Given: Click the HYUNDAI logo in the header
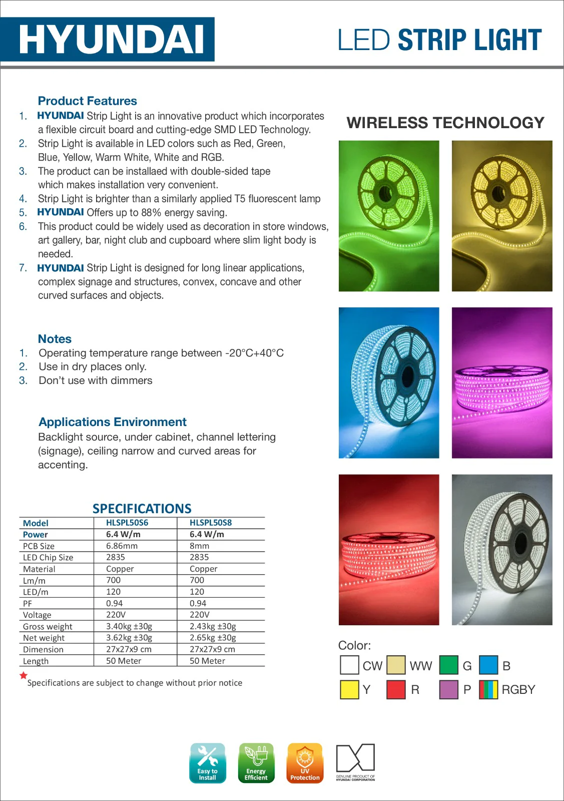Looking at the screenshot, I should point(112,40).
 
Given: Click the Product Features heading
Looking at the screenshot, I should point(87,101).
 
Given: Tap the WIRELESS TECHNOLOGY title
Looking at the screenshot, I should point(445,123).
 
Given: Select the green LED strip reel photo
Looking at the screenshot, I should point(389,216).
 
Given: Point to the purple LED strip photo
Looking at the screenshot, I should point(502,383).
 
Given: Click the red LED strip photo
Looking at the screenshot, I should point(389,550).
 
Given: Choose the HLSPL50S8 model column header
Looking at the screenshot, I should point(211,523).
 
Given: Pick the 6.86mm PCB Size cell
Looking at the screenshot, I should point(122,546).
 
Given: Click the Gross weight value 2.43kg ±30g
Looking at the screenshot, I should point(213,626).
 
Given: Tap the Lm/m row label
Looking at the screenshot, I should point(34,581).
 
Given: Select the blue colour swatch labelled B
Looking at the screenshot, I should point(488,665).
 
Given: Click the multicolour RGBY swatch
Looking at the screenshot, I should point(488,689).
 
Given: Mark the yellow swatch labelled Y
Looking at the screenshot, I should point(349,689).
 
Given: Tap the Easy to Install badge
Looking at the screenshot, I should point(208,762).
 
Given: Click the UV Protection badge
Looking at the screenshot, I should point(305,762).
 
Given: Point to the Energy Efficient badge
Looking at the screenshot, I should point(256,762).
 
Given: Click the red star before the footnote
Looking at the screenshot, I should point(23,676).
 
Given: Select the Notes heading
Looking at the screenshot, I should point(55,339).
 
